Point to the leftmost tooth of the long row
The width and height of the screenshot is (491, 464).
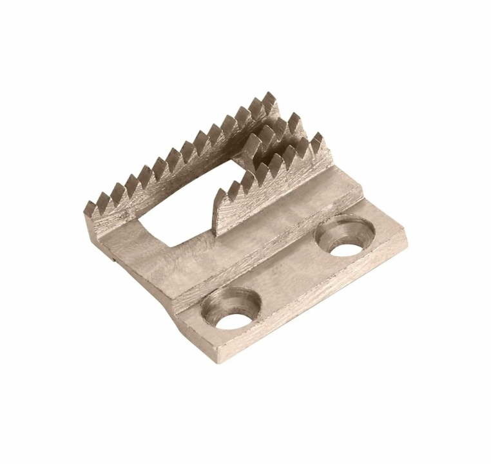coord(90,209)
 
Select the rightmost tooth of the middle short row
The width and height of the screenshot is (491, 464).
coord(295,120)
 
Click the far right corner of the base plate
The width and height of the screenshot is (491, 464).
coord(407,232)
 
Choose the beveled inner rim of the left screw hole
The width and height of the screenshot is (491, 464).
coord(219,302)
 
